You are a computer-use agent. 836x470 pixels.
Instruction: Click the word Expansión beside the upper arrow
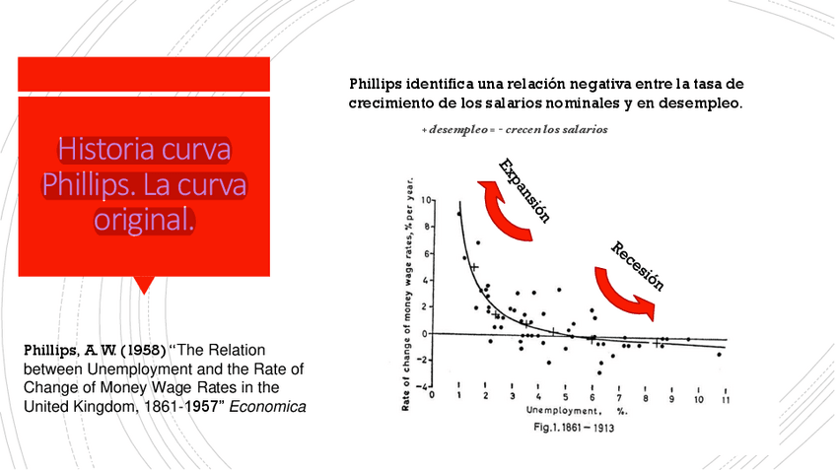pos(523,190)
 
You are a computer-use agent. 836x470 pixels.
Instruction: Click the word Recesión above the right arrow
pos(637,266)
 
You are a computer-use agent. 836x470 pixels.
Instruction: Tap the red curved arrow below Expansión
pos(509,208)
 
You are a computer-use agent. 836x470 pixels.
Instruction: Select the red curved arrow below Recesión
pos(625,292)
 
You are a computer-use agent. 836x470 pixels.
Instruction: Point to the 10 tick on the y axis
pos(427,200)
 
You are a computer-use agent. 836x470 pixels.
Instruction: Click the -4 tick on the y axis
pos(426,387)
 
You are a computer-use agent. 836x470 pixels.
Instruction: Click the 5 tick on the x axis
pos(565,398)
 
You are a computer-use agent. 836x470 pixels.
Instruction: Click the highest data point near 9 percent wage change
pos(458,213)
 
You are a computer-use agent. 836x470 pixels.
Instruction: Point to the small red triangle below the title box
pos(145,285)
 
